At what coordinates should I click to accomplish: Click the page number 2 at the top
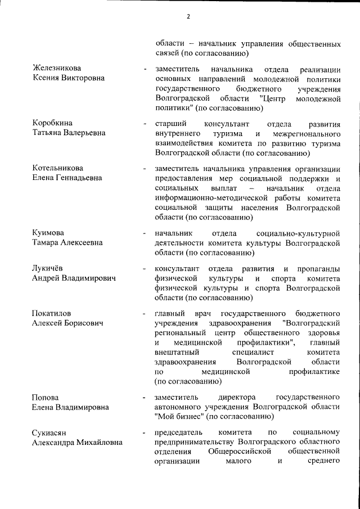(188, 17)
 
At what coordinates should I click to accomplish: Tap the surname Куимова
(48, 233)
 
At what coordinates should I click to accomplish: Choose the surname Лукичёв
(49, 268)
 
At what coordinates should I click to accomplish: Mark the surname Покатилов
(53, 313)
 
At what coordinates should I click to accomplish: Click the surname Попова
(46, 397)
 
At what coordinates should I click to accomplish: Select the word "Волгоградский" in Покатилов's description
(312, 323)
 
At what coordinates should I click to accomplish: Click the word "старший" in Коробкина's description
(169, 123)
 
